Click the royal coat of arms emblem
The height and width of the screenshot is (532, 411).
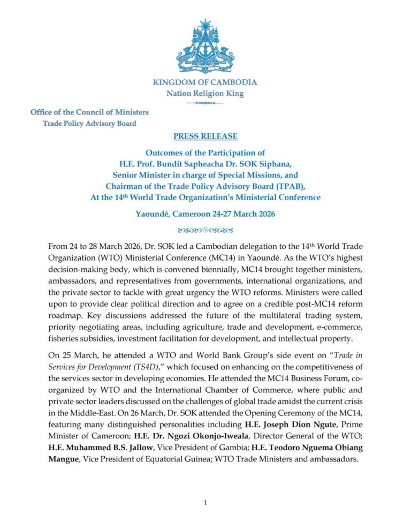(205, 48)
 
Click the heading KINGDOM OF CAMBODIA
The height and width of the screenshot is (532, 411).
(205, 82)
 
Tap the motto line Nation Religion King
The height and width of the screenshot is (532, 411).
(205, 94)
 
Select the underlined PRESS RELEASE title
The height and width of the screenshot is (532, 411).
(205, 136)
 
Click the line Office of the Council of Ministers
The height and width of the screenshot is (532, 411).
(89, 112)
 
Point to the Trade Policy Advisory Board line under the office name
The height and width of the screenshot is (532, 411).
(89, 124)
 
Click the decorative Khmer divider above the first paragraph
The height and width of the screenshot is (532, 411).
(205, 231)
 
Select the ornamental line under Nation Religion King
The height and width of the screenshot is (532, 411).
(205, 103)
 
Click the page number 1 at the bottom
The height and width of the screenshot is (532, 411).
(205, 503)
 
